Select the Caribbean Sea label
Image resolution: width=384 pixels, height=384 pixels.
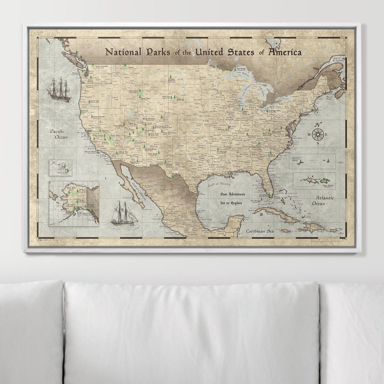(259, 231)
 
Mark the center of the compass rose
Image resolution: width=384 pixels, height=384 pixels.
(318, 134)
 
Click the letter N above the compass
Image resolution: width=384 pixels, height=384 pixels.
(318, 125)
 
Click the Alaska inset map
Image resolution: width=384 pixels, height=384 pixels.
(74, 203)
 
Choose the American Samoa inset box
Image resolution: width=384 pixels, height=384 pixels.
(313, 161)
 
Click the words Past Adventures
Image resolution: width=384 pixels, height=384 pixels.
(232, 194)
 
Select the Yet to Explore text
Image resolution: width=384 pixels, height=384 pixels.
(231, 203)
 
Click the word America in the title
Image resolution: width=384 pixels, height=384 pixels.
(285, 52)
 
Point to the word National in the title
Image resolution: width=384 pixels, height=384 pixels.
(123, 52)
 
